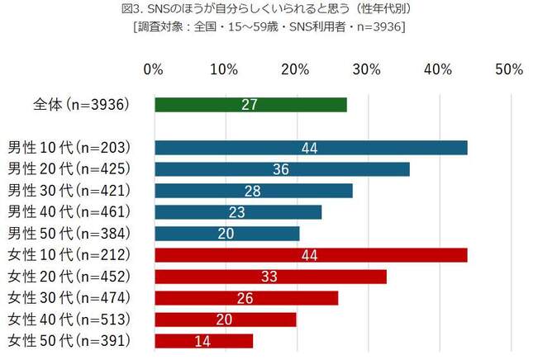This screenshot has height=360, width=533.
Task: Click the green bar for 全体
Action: coord(250,105)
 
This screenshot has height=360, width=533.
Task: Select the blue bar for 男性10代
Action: coord(311,148)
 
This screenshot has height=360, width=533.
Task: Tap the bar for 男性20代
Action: coord(282,169)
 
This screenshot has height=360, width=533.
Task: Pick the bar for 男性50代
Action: coord(226,234)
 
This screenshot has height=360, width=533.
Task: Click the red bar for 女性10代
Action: coord(311,255)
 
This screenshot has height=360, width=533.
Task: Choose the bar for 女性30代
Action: coord(246,297)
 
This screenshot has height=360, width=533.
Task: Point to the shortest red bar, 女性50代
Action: coord(203,340)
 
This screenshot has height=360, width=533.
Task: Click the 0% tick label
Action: coord(153,69)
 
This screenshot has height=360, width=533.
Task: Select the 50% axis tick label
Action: coord(509,69)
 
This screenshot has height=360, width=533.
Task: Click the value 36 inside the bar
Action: coord(282,169)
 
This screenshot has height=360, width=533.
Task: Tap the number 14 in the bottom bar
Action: coord(203,340)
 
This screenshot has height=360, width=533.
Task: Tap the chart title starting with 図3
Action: coord(267,10)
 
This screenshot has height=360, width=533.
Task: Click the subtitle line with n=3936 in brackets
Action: coord(267,26)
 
